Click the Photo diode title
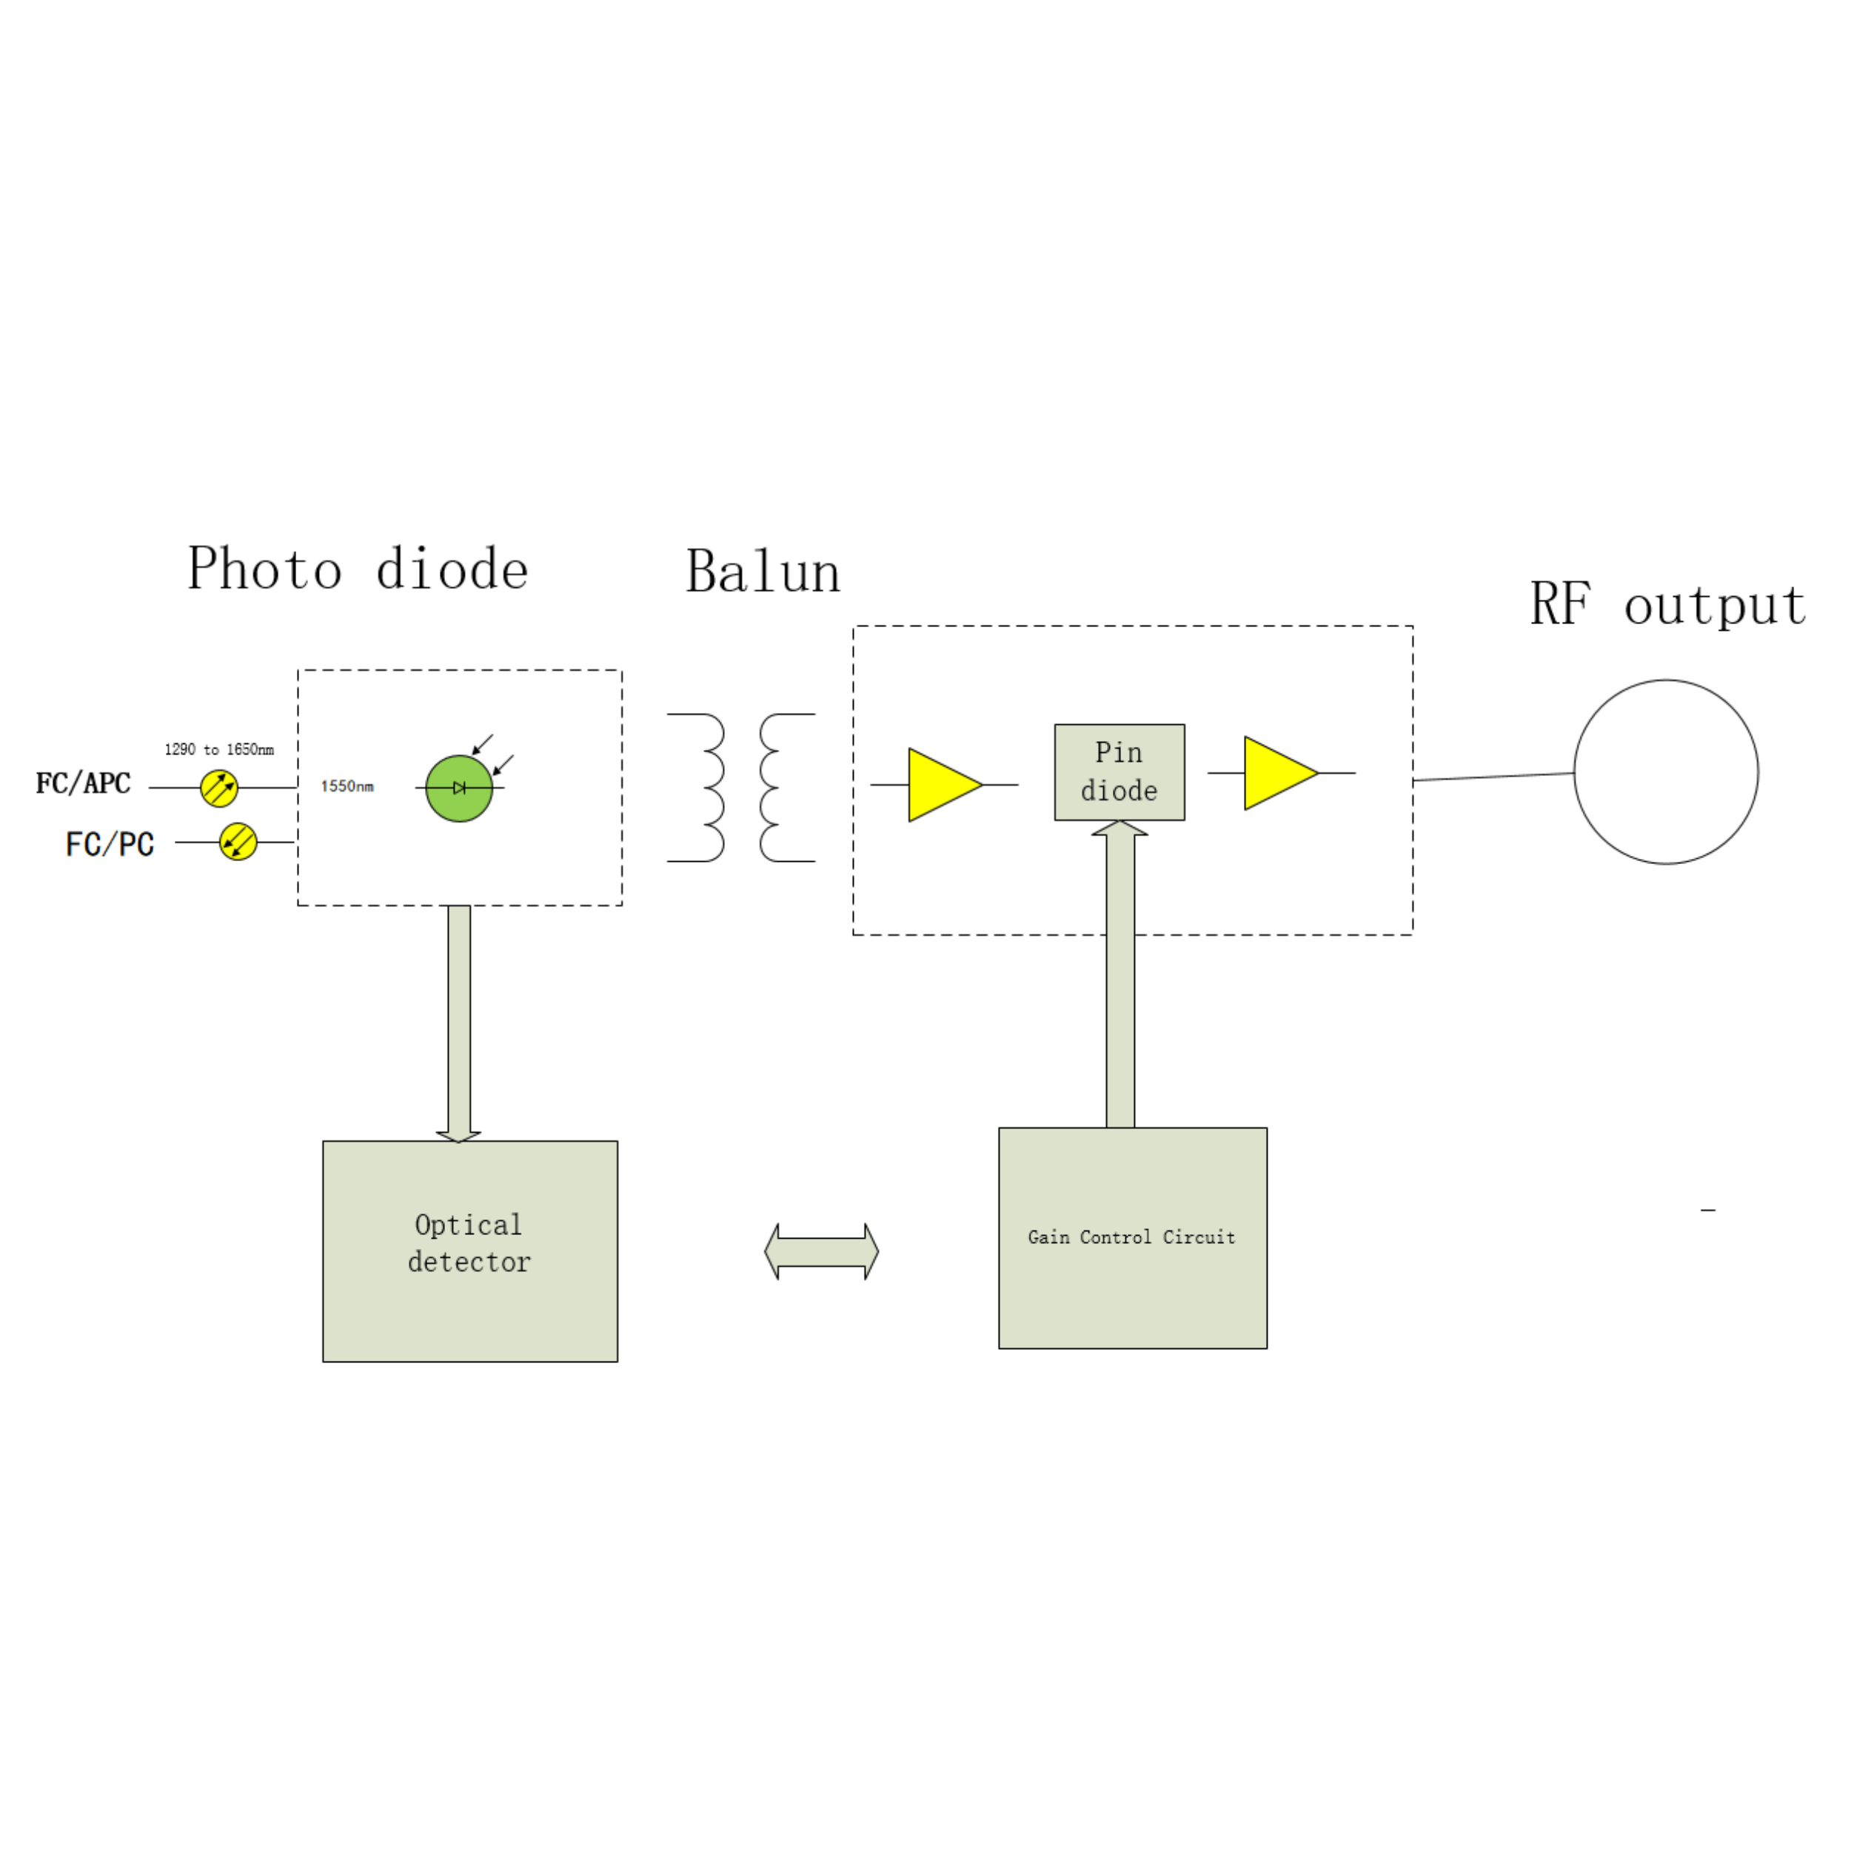[358, 569]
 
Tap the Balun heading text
[763, 572]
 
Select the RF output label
[1667, 605]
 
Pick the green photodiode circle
[459, 789]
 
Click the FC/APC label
[84, 783]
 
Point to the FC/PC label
[110, 844]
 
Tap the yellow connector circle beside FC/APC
[219, 788]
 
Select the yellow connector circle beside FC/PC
[238, 842]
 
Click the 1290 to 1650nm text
[219, 749]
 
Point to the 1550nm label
[347, 786]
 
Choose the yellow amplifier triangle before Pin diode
[945, 785]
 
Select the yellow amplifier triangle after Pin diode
[1281, 773]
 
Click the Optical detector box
[470, 1251]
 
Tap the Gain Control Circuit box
[1134, 1238]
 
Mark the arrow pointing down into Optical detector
[459, 1023]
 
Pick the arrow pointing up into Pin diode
[1120, 974]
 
